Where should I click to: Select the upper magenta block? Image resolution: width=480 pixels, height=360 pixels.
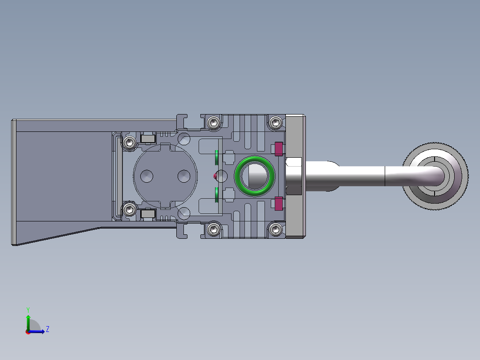pyautogui.click(x=279, y=148)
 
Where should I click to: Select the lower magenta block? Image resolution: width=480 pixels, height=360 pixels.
pyautogui.click(x=279, y=204)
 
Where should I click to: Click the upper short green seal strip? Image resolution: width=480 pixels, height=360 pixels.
pyautogui.click(x=216, y=157)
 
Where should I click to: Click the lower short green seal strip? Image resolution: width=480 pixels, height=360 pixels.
pyautogui.click(x=216, y=194)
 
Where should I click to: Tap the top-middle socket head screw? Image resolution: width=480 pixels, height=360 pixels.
pyautogui.click(x=214, y=122)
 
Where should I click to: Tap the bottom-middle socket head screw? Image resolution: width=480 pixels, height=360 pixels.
pyautogui.click(x=214, y=229)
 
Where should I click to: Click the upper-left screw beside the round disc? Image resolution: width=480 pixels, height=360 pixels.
pyautogui.click(x=130, y=143)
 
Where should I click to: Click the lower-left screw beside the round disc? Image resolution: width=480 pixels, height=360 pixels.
pyautogui.click(x=130, y=209)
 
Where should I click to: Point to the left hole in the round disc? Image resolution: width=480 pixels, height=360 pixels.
pyautogui.click(x=146, y=176)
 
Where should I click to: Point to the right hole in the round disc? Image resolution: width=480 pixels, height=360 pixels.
pyautogui.click(x=184, y=176)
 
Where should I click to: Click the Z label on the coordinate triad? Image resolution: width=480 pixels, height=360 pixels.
pyautogui.click(x=47, y=329)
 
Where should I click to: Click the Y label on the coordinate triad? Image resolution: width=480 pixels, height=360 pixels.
pyautogui.click(x=28, y=309)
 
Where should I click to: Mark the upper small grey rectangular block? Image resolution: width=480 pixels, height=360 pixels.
pyautogui.click(x=147, y=139)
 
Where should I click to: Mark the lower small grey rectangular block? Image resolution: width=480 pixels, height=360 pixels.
pyautogui.click(x=147, y=214)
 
